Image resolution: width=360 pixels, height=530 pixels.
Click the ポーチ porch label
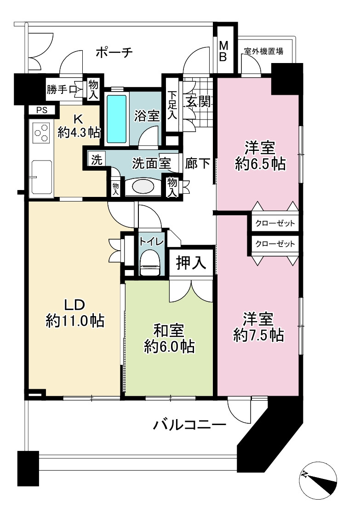coord(114,52)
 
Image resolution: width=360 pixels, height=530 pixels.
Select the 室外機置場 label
coord(263,52)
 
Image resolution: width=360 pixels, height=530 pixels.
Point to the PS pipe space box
coord(42,110)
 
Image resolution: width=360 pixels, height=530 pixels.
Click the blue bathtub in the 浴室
coord(117,119)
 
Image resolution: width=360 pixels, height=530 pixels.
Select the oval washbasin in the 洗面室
coord(142,186)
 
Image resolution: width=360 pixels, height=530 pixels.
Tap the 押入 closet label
coord(191,262)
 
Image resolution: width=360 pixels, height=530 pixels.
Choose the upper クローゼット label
coord(275,223)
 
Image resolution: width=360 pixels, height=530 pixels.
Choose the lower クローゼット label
coord(275,244)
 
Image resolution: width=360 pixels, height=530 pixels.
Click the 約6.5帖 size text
coord(260,164)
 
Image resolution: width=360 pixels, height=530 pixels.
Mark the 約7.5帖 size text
coord(259,335)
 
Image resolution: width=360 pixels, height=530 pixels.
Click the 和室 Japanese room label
coord(169,331)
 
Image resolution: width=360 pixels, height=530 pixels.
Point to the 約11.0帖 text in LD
coord(75,321)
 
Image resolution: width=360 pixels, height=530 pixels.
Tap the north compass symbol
coord(318,480)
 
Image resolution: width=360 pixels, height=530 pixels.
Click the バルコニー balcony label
coord(189,425)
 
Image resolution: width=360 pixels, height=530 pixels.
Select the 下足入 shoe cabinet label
coord(172,104)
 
